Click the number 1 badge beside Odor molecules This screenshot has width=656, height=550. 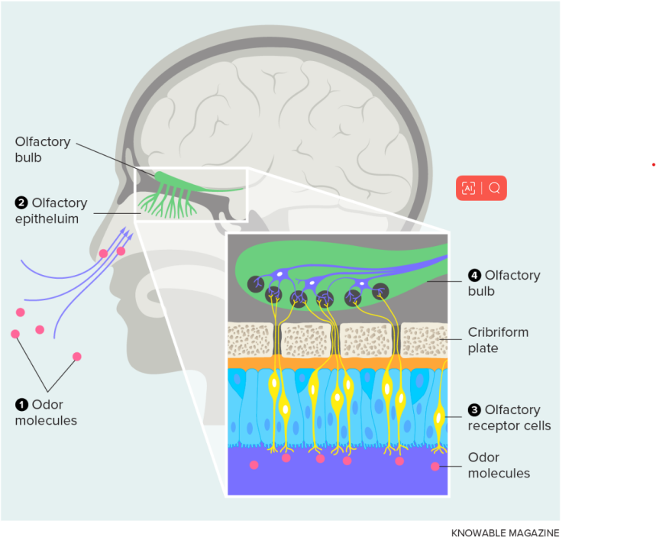(21, 405)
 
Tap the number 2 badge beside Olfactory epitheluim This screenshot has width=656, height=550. (21, 202)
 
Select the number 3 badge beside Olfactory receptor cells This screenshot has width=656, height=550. (474, 409)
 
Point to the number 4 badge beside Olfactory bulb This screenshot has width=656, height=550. (474, 276)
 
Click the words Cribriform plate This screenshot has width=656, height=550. (498, 340)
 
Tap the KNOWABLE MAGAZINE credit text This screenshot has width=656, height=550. (505, 533)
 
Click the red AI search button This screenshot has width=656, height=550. (481, 188)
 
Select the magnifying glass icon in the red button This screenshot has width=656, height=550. (495, 188)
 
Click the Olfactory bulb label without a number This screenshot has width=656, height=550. (43, 150)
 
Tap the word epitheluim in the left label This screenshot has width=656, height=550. (47, 219)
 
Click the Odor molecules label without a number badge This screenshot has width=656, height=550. (499, 465)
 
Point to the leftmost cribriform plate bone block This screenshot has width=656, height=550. (250, 340)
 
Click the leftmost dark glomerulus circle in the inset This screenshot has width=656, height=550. (256, 285)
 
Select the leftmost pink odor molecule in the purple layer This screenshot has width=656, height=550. (254, 465)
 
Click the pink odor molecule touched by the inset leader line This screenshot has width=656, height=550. (435, 466)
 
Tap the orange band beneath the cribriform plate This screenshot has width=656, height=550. (338, 363)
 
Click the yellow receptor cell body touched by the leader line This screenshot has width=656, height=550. (439, 417)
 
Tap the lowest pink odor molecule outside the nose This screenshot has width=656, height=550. (77, 357)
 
